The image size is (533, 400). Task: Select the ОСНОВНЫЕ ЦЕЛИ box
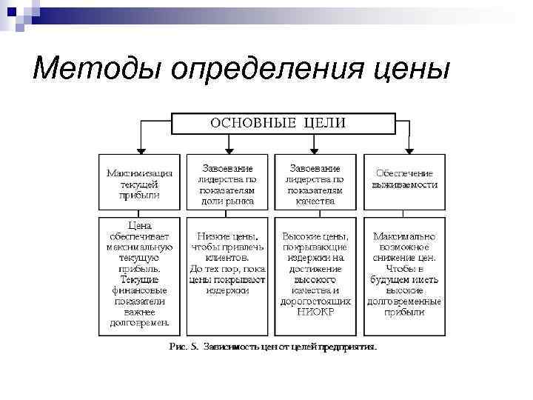278,123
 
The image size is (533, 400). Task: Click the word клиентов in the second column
227,259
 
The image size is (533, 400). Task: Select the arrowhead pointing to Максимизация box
138,149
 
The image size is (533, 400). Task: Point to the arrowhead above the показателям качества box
316,149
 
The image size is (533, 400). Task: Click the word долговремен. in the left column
139,323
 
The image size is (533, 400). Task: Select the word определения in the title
271,71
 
